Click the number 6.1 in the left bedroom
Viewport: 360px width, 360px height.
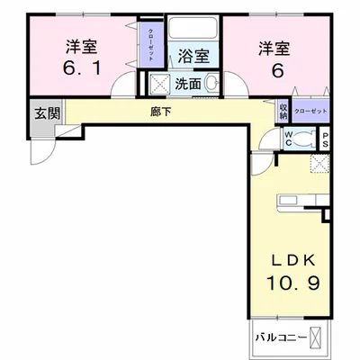(x=80, y=67)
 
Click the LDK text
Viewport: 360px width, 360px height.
(x=294, y=259)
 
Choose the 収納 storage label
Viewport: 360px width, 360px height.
(x=283, y=111)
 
